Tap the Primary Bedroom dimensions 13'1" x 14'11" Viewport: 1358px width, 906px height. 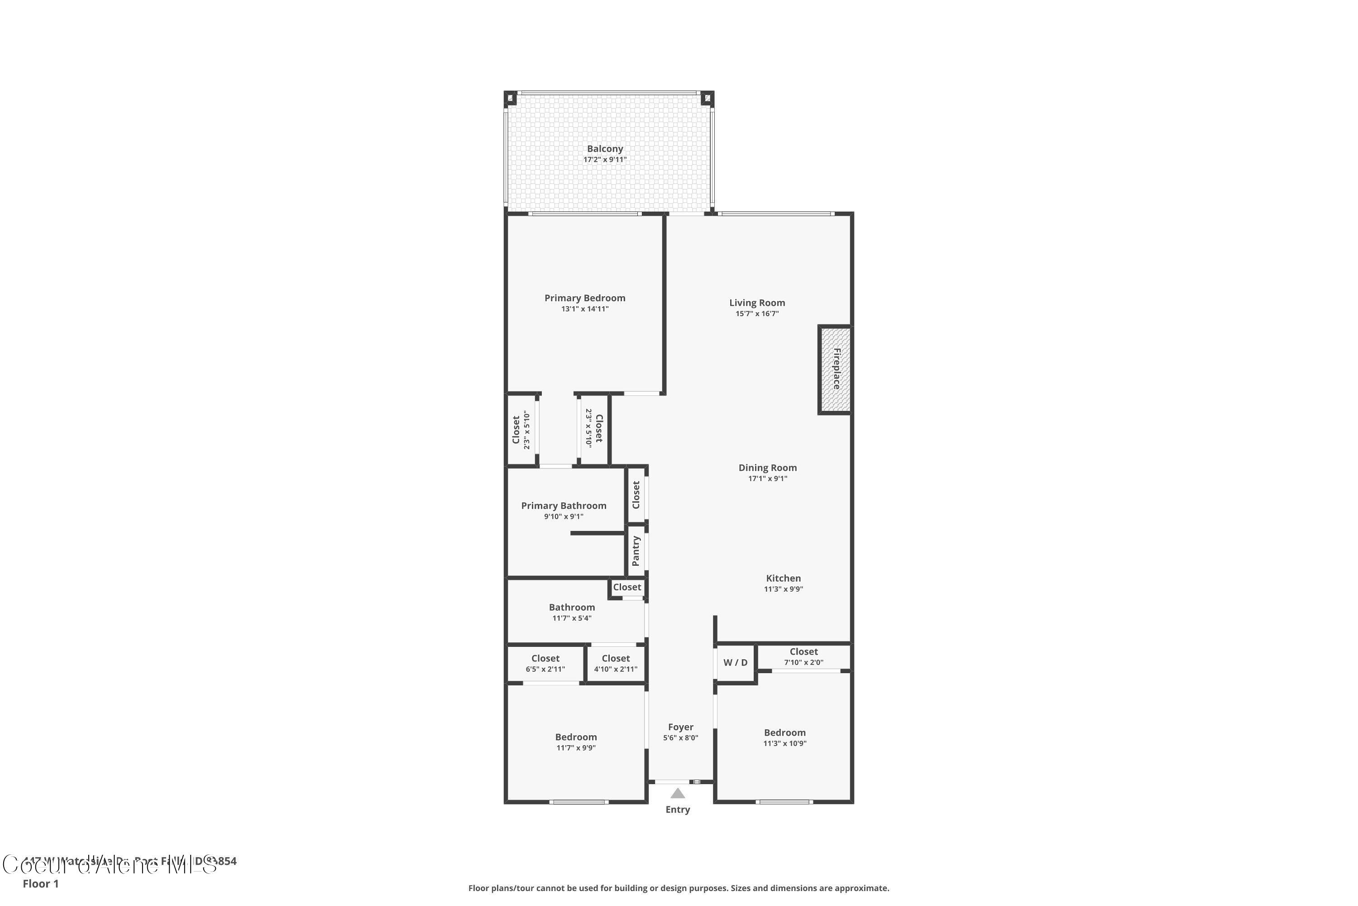click(x=584, y=309)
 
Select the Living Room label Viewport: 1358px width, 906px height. click(x=756, y=303)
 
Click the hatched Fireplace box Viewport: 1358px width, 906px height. click(x=834, y=370)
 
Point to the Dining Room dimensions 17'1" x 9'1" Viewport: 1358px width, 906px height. click(x=767, y=478)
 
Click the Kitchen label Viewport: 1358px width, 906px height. click(x=783, y=578)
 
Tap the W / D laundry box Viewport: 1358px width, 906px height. click(x=735, y=663)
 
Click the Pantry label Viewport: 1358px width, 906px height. click(x=636, y=551)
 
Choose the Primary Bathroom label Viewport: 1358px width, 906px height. click(x=564, y=506)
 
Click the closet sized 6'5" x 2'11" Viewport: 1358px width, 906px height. click(x=545, y=663)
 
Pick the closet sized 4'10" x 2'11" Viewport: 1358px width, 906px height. click(x=616, y=663)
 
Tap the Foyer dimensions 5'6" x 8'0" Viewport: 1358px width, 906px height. click(x=680, y=738)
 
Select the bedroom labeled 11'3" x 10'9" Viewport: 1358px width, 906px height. click(x=784, y=738)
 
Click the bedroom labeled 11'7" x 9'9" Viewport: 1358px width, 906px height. click(x=576, y=742)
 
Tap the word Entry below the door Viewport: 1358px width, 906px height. click(x=677, y=810)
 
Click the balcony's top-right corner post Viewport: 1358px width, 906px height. click(x=707, y=98)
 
